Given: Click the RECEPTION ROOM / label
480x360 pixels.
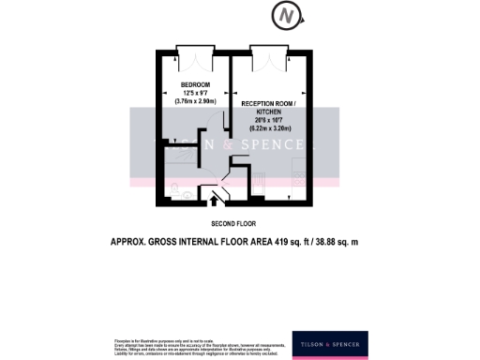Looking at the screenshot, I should (269, 102).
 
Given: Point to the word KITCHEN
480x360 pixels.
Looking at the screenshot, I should (269, 111).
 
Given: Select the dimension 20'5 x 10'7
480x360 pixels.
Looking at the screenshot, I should (269, 119).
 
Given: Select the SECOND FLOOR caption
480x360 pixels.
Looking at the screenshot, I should (233, 223).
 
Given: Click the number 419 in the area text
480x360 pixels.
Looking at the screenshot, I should (284, 243).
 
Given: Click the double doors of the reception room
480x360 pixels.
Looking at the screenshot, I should (269, 58).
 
